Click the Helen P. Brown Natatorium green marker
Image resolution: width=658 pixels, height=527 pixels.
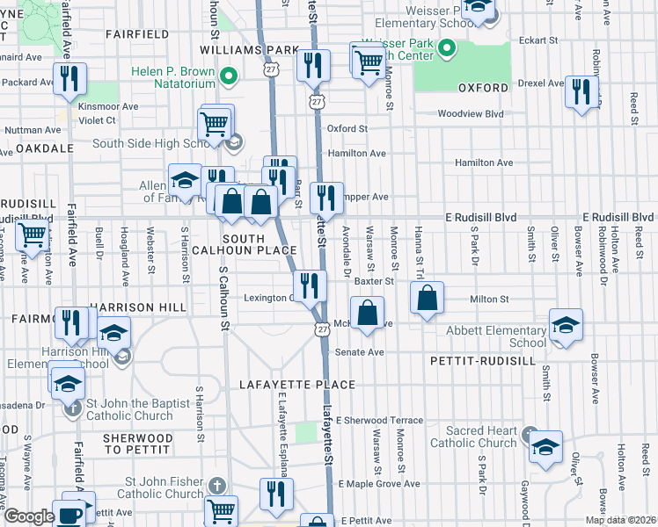[229, 77]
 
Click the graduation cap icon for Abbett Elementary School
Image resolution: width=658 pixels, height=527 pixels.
[567, 325]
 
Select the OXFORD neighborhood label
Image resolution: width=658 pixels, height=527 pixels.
[483, 88]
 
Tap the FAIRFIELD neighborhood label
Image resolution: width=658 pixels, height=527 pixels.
[136, 34]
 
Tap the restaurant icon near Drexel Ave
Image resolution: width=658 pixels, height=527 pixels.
[581, 92]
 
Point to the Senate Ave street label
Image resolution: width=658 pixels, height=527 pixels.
[360, 352]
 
